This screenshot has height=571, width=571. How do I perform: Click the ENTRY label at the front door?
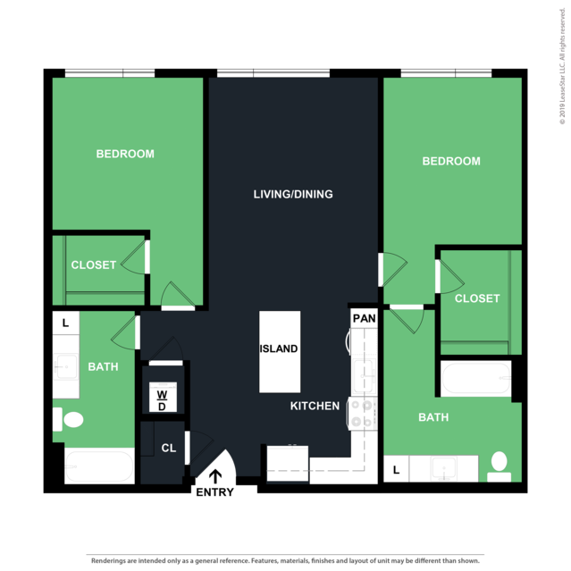pyautogui.click(x=214, y=492)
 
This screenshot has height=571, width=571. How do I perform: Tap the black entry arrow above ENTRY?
pyautogui.click(x=215, y=476)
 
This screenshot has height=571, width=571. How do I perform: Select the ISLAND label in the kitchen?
pyautogui.click(x=279, y=348)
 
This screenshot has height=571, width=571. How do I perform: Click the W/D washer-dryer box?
pyautogui.click(x=163, y=397)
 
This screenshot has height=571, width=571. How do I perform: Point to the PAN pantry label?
pyautogui.click(x=365, y=318)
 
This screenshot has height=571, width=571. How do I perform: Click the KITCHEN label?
pyautogui.click(x=315, y=406)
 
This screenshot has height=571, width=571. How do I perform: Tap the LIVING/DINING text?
pyautogui.click(x=293, y=194)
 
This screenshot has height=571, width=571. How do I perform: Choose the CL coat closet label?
pyautogui.click(x=169, y=448)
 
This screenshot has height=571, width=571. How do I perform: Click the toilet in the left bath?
pyautogui.click(x=68, y=419)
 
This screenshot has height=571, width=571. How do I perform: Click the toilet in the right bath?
pyautogui.click(x=499, y=466)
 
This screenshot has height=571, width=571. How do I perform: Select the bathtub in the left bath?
pyautogui.click(x=99, y=466)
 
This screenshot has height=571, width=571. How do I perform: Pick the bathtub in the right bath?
pyautogui.click(x=476, y=379)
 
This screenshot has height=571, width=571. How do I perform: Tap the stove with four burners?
pyautogui.click(x=363, y=414)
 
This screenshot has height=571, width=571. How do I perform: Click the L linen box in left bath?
pyautogui.click(x=66, y=323)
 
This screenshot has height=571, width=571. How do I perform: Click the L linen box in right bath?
pyautogui.click(x=396, y=469)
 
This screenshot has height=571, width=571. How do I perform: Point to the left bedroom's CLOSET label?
pyautogui.click(x=94, y=265)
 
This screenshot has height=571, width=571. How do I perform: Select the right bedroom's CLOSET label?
pyautogui.click(x=477, y=298)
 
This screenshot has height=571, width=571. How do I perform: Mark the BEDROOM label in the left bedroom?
pyautogui.click(x=125, y=154)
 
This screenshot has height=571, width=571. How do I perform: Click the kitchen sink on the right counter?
pyautogui.click(x=363, y=376)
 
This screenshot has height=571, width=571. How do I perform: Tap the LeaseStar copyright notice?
pyautogui.click(x=563, y=66)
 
